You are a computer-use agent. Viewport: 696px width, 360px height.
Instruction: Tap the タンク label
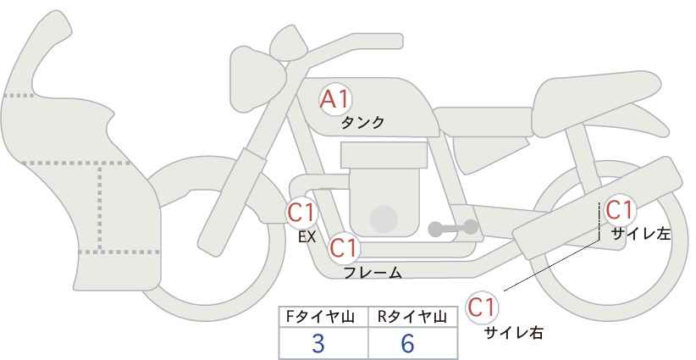(x=362, y=123)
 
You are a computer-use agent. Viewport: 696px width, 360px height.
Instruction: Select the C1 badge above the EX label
(x=301, y=212)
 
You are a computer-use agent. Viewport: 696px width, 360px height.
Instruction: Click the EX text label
(x=307, y=237)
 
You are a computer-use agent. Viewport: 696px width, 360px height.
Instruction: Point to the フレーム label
(x=373, y=273)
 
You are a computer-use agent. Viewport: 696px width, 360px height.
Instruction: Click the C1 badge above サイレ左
(x=620, y=209)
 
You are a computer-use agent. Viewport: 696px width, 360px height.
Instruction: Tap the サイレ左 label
(x=640, y=234)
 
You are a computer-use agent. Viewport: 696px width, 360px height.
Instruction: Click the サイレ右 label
(x=513, y=333)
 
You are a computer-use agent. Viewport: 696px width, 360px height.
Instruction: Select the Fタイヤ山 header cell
(x=323, y=317)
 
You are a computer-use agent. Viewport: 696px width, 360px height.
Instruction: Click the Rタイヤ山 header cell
(x=414, y=317)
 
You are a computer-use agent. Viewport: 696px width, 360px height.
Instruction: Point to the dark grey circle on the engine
(x=384, y=219)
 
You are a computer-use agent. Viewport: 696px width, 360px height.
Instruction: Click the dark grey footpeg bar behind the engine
(x=452, y=228)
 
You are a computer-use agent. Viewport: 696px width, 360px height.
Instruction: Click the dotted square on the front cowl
(x=127, y=208)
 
